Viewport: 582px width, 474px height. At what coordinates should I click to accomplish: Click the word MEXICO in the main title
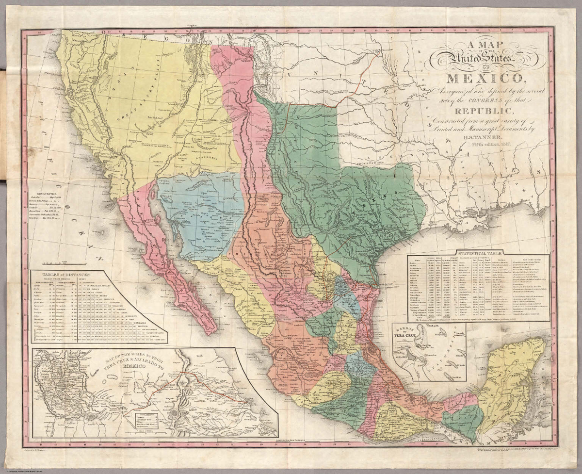(484, 78)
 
